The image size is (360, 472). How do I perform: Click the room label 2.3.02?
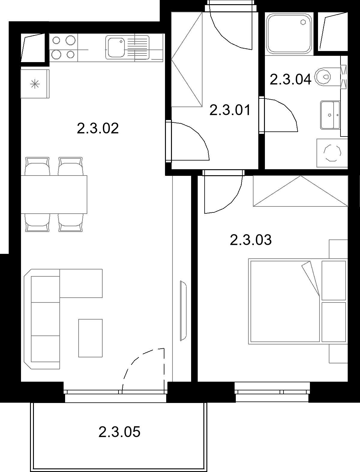(x=98, y=128)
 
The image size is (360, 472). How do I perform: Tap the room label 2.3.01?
(x=230, y=110)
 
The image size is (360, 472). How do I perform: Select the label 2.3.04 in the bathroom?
(x=290, y=79)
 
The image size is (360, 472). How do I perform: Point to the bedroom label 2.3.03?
(x=250, y=240)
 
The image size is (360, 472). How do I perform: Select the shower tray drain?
(x=303, y=22)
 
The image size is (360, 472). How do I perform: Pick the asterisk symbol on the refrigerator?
(x=35, y=84)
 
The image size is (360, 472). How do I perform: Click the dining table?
(x=54, y=194)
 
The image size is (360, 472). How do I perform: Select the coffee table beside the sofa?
(x=90, y=338)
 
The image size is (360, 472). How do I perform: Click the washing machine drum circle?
(x=332, y=153)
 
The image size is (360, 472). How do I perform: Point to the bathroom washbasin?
(x=330, y=115)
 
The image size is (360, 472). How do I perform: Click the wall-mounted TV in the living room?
(x=183, y=311)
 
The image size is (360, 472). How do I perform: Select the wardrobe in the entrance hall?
(x=187, y=59)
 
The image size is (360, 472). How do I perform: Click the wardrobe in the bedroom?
(x=301, y=191)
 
